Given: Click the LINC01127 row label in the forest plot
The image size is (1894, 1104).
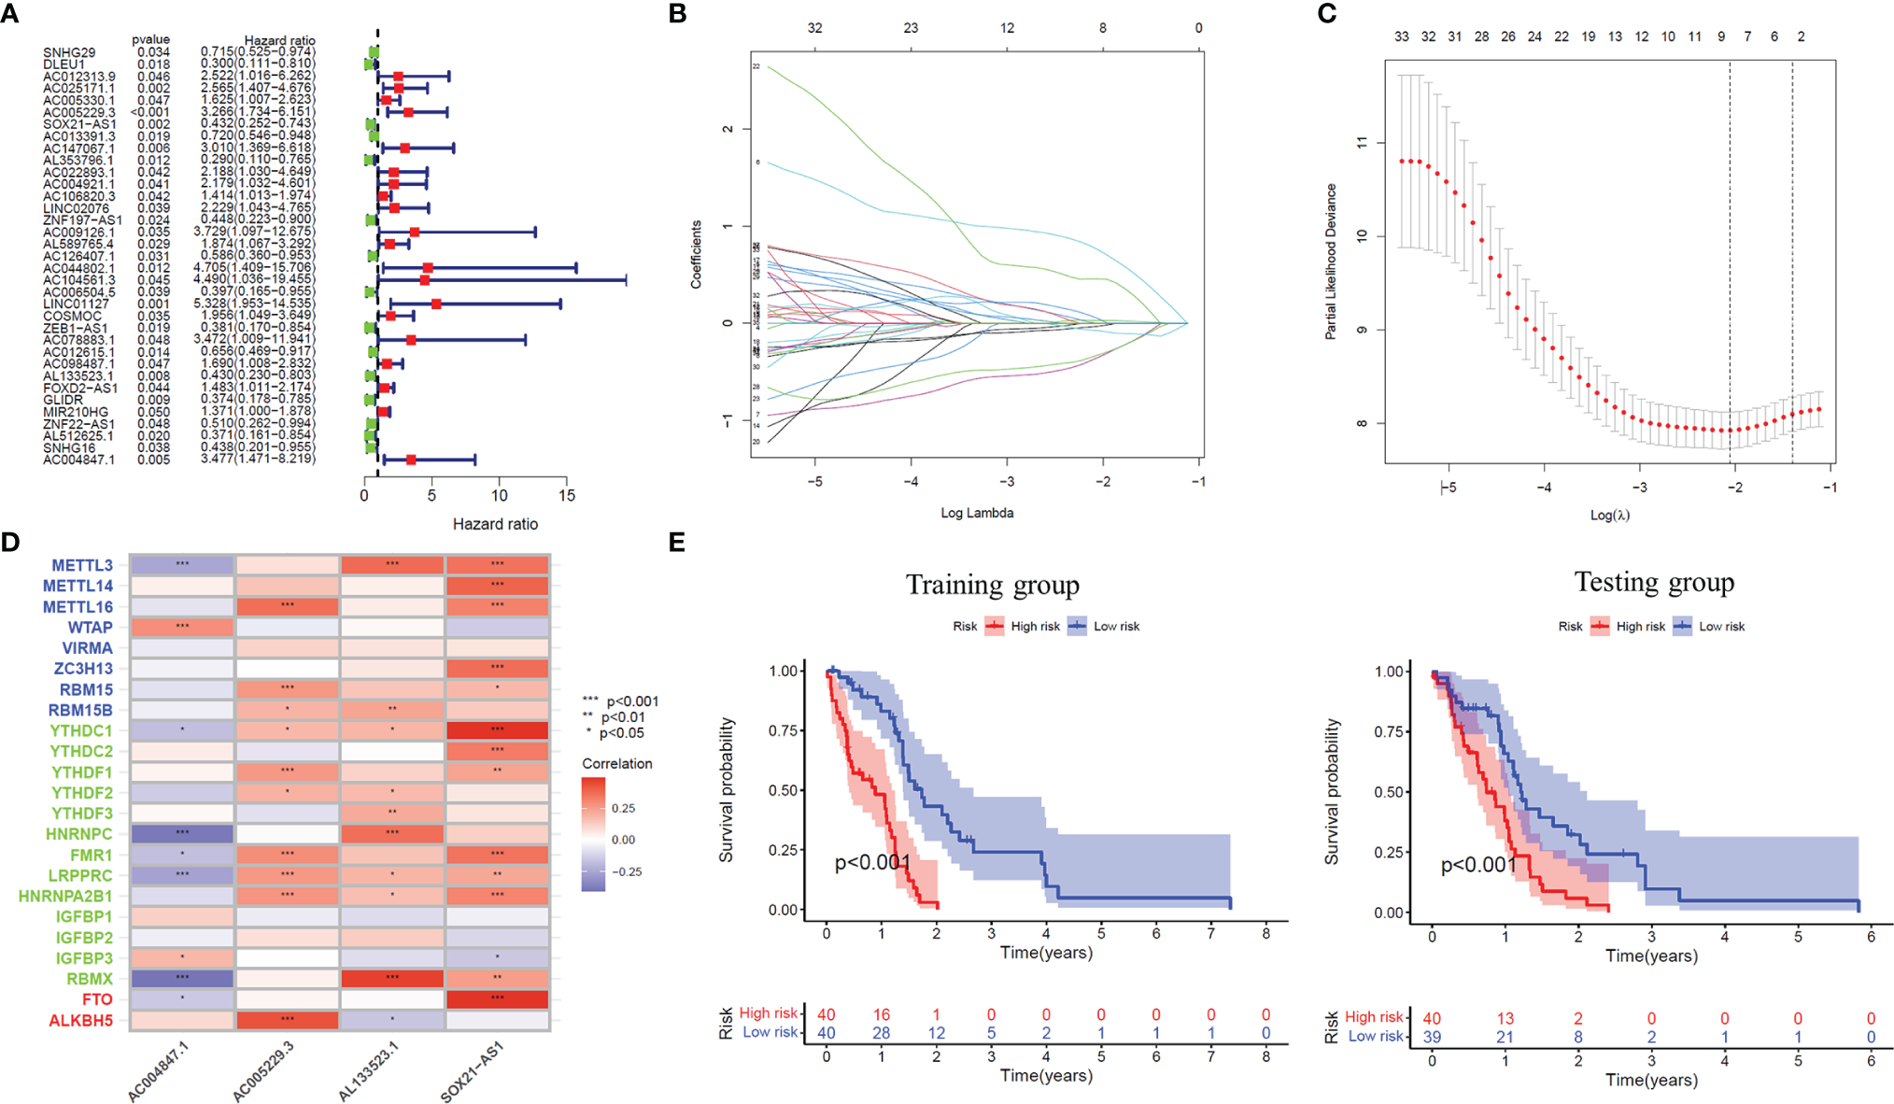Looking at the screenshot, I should point(76,304).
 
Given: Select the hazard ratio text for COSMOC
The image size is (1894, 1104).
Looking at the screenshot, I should point(257,316).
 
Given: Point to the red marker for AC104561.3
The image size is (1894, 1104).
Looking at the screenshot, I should point(425,279).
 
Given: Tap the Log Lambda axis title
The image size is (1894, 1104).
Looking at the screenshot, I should point(977,513).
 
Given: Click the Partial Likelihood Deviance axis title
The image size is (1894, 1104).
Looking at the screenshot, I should point(1331,261).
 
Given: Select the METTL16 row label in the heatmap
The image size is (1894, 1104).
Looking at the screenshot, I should point(78,607).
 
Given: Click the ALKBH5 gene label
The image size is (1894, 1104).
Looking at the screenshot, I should point(80,1021).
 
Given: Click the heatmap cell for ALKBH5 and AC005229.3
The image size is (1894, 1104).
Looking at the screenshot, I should point(288,1020).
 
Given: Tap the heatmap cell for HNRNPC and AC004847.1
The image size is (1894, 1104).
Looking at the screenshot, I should point(182,834).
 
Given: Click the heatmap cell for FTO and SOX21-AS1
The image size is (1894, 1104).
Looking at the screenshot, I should point(497,999).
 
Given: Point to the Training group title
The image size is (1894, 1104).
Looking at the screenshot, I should point(992,585).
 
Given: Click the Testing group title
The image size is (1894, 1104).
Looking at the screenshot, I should point(1654,582).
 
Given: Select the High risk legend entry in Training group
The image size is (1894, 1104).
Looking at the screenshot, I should point(1023,627).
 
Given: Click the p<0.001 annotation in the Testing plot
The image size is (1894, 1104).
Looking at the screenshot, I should point(1477,865).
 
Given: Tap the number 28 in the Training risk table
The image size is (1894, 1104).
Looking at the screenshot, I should point(881,1033).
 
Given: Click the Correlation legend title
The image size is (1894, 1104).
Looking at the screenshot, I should point(616,764).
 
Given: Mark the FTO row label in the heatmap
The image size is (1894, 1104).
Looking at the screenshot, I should point(97,999).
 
